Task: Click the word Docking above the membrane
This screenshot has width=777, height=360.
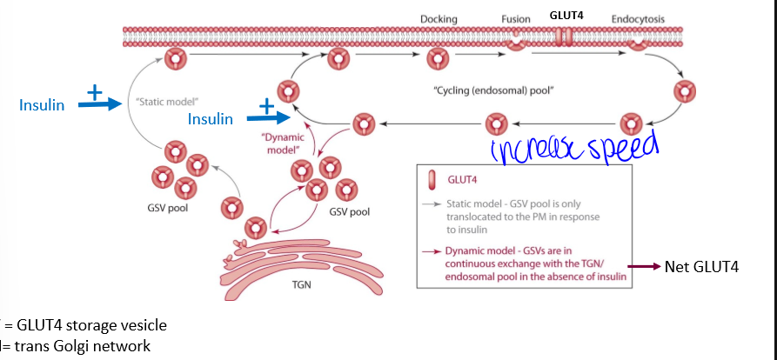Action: [439, 18]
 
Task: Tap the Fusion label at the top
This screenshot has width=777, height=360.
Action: [515, 18]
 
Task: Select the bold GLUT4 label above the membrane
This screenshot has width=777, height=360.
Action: [566, 15]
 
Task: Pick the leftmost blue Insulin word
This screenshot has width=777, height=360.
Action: [42, 104]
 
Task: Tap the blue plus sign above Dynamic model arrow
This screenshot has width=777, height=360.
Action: [264, 108]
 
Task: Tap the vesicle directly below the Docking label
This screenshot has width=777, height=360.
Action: [437, 59]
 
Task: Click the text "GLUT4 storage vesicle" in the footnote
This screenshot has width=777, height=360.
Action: [92, 324]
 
